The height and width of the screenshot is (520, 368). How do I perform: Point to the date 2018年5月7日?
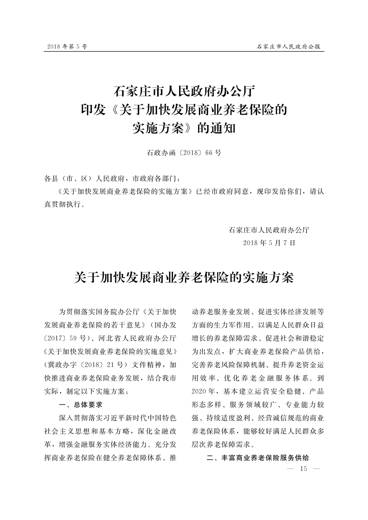(x=270, y=243)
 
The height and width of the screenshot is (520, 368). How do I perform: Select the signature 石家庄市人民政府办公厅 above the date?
(x=269, y=230)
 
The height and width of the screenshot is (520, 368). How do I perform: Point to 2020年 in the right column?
(x=205, y=391)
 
